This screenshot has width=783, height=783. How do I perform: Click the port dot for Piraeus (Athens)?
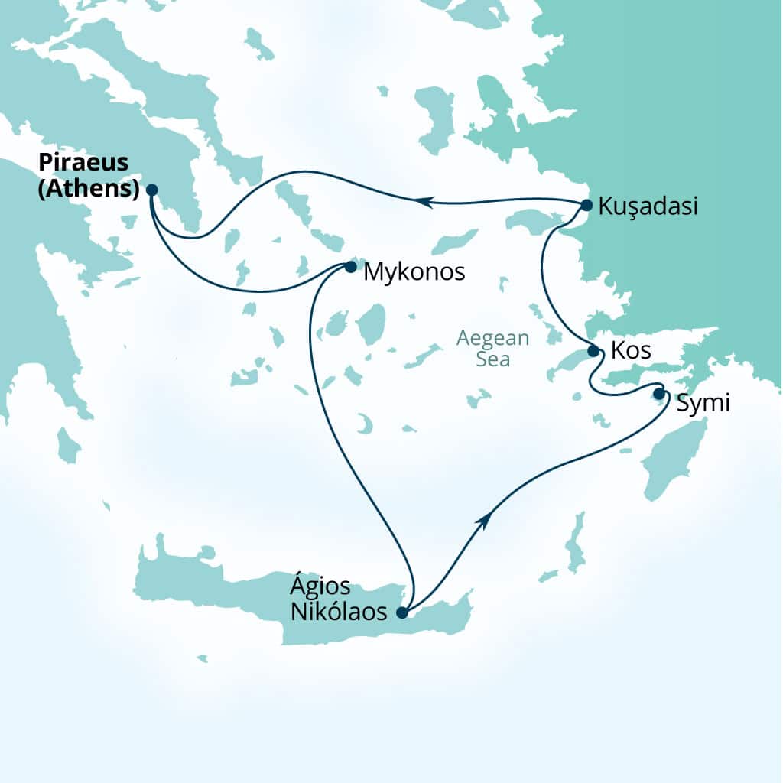(x=151, y=190)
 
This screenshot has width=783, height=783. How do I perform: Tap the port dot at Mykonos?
(x=350, y=267)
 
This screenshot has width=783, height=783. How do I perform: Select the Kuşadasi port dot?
(x=586, y=205)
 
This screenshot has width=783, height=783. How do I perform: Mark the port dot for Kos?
(x=593, y=351)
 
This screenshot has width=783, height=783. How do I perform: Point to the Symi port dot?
(x=659, y=393)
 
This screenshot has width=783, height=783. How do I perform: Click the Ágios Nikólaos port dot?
(x=402, y=612)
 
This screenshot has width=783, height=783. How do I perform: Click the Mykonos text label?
(x=414, y=271)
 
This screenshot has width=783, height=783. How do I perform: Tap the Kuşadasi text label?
(x=648, y=206)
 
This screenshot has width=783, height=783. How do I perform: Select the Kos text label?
(x=631, y=352)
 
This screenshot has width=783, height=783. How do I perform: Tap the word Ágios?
(x=320, y=587)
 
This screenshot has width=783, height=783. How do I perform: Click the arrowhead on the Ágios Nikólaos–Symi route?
(x=482, y=520)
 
